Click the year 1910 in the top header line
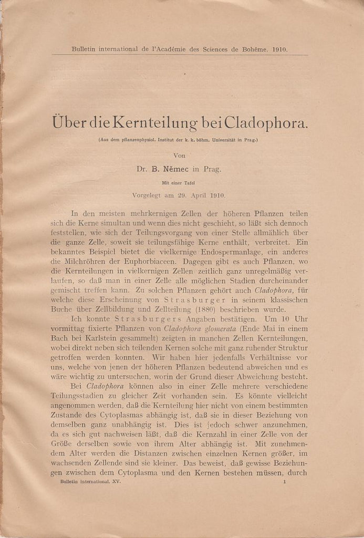[x=279, y=49]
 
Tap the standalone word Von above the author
[x=180, y=155]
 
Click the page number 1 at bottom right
[x=285, y=481]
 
